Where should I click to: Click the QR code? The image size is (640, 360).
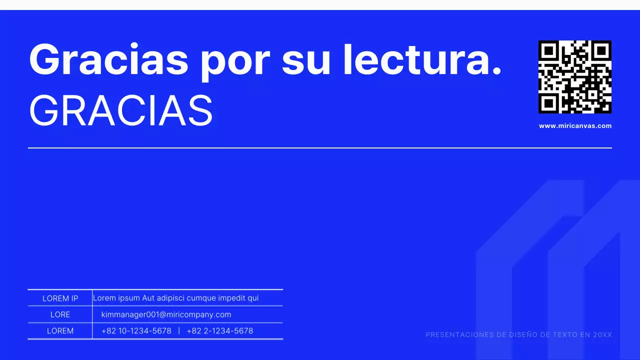(575, 77)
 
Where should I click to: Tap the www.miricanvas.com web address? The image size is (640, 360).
(575, 126)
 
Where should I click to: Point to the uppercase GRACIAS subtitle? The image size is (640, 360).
(121, 111)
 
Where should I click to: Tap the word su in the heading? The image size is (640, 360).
(306, 60)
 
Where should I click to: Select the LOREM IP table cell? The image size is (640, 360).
(60, 298)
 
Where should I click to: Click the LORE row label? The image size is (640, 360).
(60, 314)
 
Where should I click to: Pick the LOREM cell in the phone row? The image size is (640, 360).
(60, 331)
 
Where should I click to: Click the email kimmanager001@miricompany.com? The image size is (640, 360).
(166, 314)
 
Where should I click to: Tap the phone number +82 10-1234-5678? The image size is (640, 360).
(136, 331)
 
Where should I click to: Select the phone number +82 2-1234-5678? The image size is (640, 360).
(220, 331)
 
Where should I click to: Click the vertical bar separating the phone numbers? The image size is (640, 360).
(179, 331)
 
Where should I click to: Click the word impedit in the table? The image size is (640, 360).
(232, 298)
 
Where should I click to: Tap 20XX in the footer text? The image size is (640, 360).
(602, 335)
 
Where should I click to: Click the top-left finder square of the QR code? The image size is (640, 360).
(548, 50)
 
